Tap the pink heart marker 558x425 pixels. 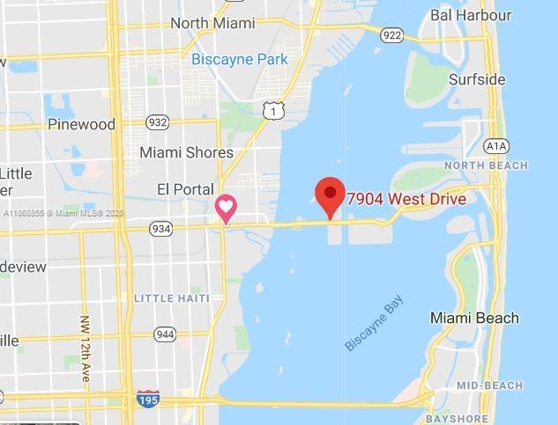click(227, 209)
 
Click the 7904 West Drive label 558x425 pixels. click(406, 199)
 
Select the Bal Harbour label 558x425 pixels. click(471, 15)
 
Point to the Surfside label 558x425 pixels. click(477, 79)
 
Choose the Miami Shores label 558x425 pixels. click(186, 152)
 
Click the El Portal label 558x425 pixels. click(185, 189)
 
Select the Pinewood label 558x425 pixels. click(81, 124)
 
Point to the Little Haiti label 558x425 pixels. click(172, 298)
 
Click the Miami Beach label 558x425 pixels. click(474, 318)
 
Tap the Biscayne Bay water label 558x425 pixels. click(375, 326)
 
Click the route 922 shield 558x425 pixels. click(392, 35)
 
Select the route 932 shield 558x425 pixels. click(158, 122)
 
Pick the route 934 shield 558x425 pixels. click(161, 229)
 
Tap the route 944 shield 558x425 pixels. click(165, 334)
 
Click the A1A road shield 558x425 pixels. click(497, 146)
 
